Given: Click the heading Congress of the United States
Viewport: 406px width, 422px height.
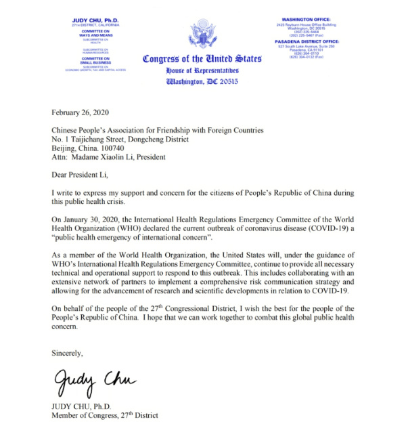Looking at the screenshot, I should (202, 59).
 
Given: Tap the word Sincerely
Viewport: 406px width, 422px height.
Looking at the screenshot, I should (67, 352).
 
